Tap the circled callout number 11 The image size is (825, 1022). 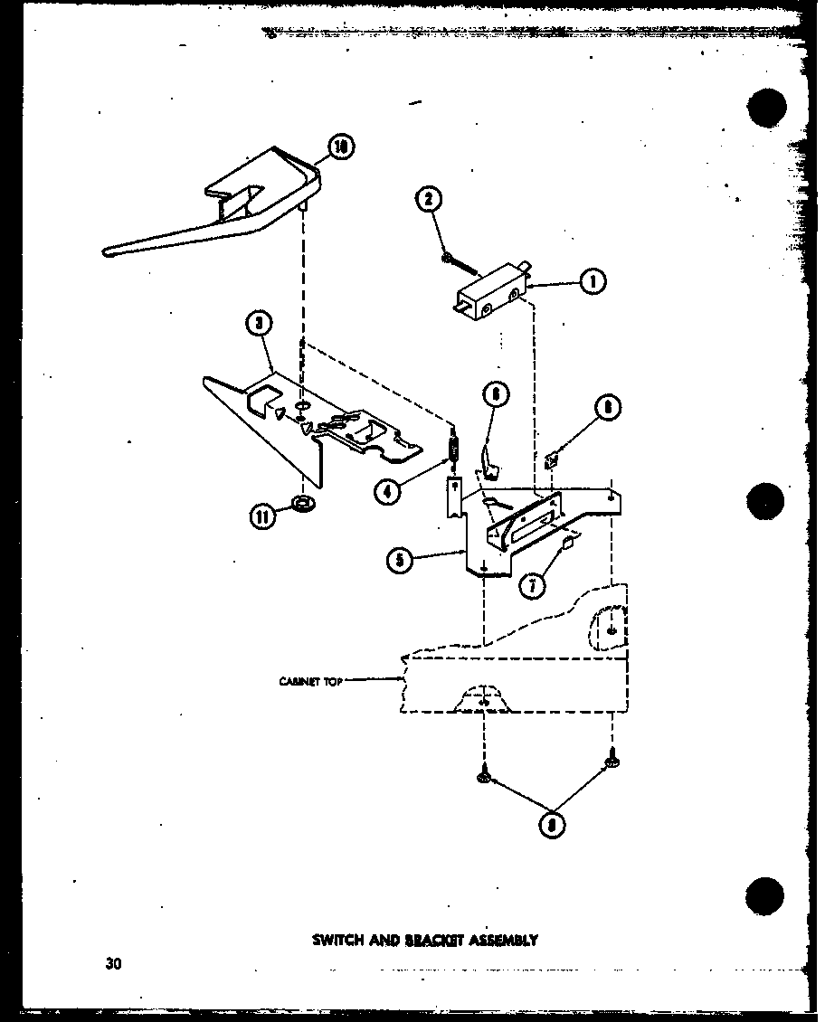[x=262, y=516]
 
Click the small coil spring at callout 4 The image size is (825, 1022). [x=455, y=447]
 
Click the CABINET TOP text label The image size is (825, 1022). [x=310, y=682]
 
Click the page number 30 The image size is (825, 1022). [x=112, y=963]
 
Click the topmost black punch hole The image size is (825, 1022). [x=766, y=109]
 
